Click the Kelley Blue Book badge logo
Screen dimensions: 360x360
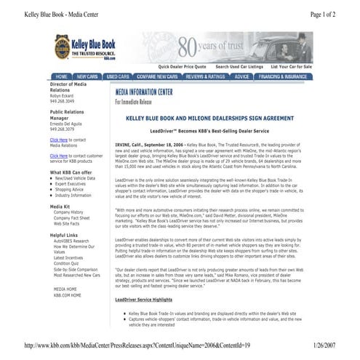pos(63,48)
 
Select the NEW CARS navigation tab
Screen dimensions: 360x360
pos(88,76)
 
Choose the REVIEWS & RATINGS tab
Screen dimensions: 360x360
pos(205,76)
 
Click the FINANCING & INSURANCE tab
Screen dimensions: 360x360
pos(284,76)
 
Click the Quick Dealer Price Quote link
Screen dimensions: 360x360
pos(183,66)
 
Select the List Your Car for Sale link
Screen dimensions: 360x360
pos(290,66)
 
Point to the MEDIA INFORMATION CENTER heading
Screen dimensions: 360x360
pos(143,92)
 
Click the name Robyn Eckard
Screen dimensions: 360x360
pos(63,95)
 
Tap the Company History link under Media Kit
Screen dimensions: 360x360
pos(68,212)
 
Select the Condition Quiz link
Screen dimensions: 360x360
pos(68,263)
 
